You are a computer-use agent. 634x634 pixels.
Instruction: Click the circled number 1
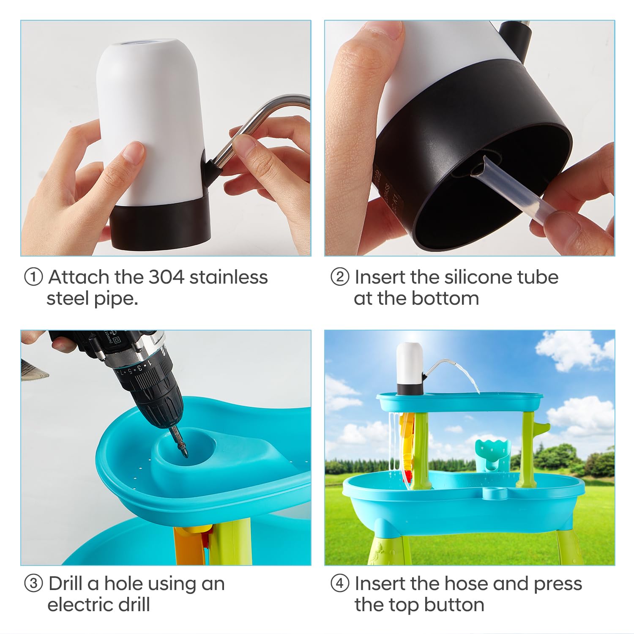(33, 278)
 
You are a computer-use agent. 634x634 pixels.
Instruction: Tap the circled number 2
(340, 278)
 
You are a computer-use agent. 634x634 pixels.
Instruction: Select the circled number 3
(33, 584)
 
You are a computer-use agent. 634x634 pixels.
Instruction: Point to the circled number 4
(340, 584)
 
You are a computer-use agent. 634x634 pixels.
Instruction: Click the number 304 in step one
(166, 277)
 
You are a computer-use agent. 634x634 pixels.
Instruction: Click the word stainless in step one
(229, 277)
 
